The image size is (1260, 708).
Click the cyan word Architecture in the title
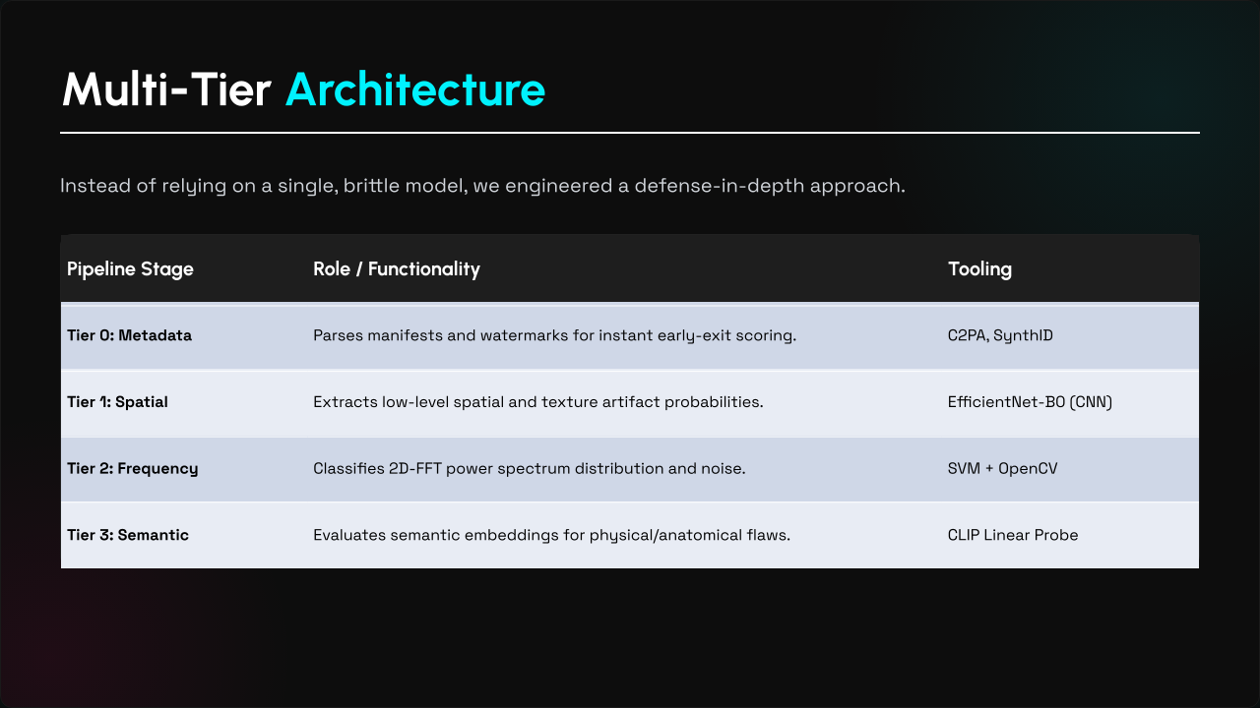(415, 89)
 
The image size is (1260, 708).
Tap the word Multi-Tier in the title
(166, 89)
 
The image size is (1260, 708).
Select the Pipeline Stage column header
(130, 269)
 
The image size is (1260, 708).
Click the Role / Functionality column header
(397, 269)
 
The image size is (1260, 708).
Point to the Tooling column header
(979, 269)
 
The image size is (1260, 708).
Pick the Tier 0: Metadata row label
(129, 335)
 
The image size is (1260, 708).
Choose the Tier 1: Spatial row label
(117, 402)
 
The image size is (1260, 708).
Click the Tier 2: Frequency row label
(133, 469)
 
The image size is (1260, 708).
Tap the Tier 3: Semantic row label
(128, 535)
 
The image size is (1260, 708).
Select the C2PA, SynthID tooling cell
(1000, 335)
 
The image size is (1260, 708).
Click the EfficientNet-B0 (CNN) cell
(1030, 402)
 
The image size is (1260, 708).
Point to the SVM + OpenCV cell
(1002, 469)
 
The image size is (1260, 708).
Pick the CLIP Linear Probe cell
(1013, 535)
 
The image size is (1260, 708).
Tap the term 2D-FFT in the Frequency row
(415, 469)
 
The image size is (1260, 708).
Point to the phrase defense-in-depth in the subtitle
(720, 186)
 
